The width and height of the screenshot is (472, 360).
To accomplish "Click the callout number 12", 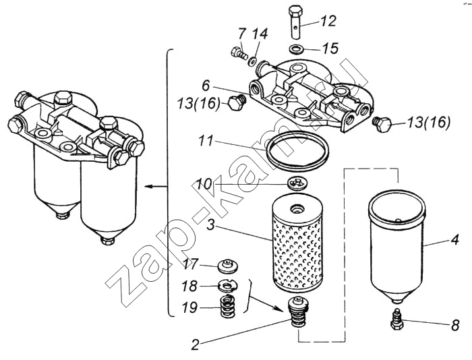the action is [328, 21].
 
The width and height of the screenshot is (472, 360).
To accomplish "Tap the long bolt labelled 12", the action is [297, 22].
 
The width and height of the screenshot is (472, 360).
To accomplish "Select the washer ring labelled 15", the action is [296, 49].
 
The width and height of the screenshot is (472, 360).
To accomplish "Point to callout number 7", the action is [241, 34].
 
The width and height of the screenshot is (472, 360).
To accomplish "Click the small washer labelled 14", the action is [252, 60].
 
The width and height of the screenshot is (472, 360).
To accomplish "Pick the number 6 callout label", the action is [205, 86].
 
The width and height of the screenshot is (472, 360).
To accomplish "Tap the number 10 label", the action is [204, 184].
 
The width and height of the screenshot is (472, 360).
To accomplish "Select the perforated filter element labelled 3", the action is [297, 245].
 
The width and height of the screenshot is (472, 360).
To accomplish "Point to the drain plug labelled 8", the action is [396, 320].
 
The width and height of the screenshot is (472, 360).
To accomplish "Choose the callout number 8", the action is [455, 326].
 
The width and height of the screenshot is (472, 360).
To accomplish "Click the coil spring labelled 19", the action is [228, 307].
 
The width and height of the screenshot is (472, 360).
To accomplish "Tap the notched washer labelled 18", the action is [228, 285].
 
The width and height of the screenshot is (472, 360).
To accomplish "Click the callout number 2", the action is [196, 344].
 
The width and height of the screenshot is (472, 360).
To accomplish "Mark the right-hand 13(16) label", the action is [429, 123].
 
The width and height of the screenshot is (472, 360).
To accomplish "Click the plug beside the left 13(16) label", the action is [236, 104].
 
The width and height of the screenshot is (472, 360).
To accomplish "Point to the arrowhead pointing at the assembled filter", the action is [148, 187].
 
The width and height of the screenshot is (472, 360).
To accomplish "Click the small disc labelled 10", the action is [297, 183].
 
